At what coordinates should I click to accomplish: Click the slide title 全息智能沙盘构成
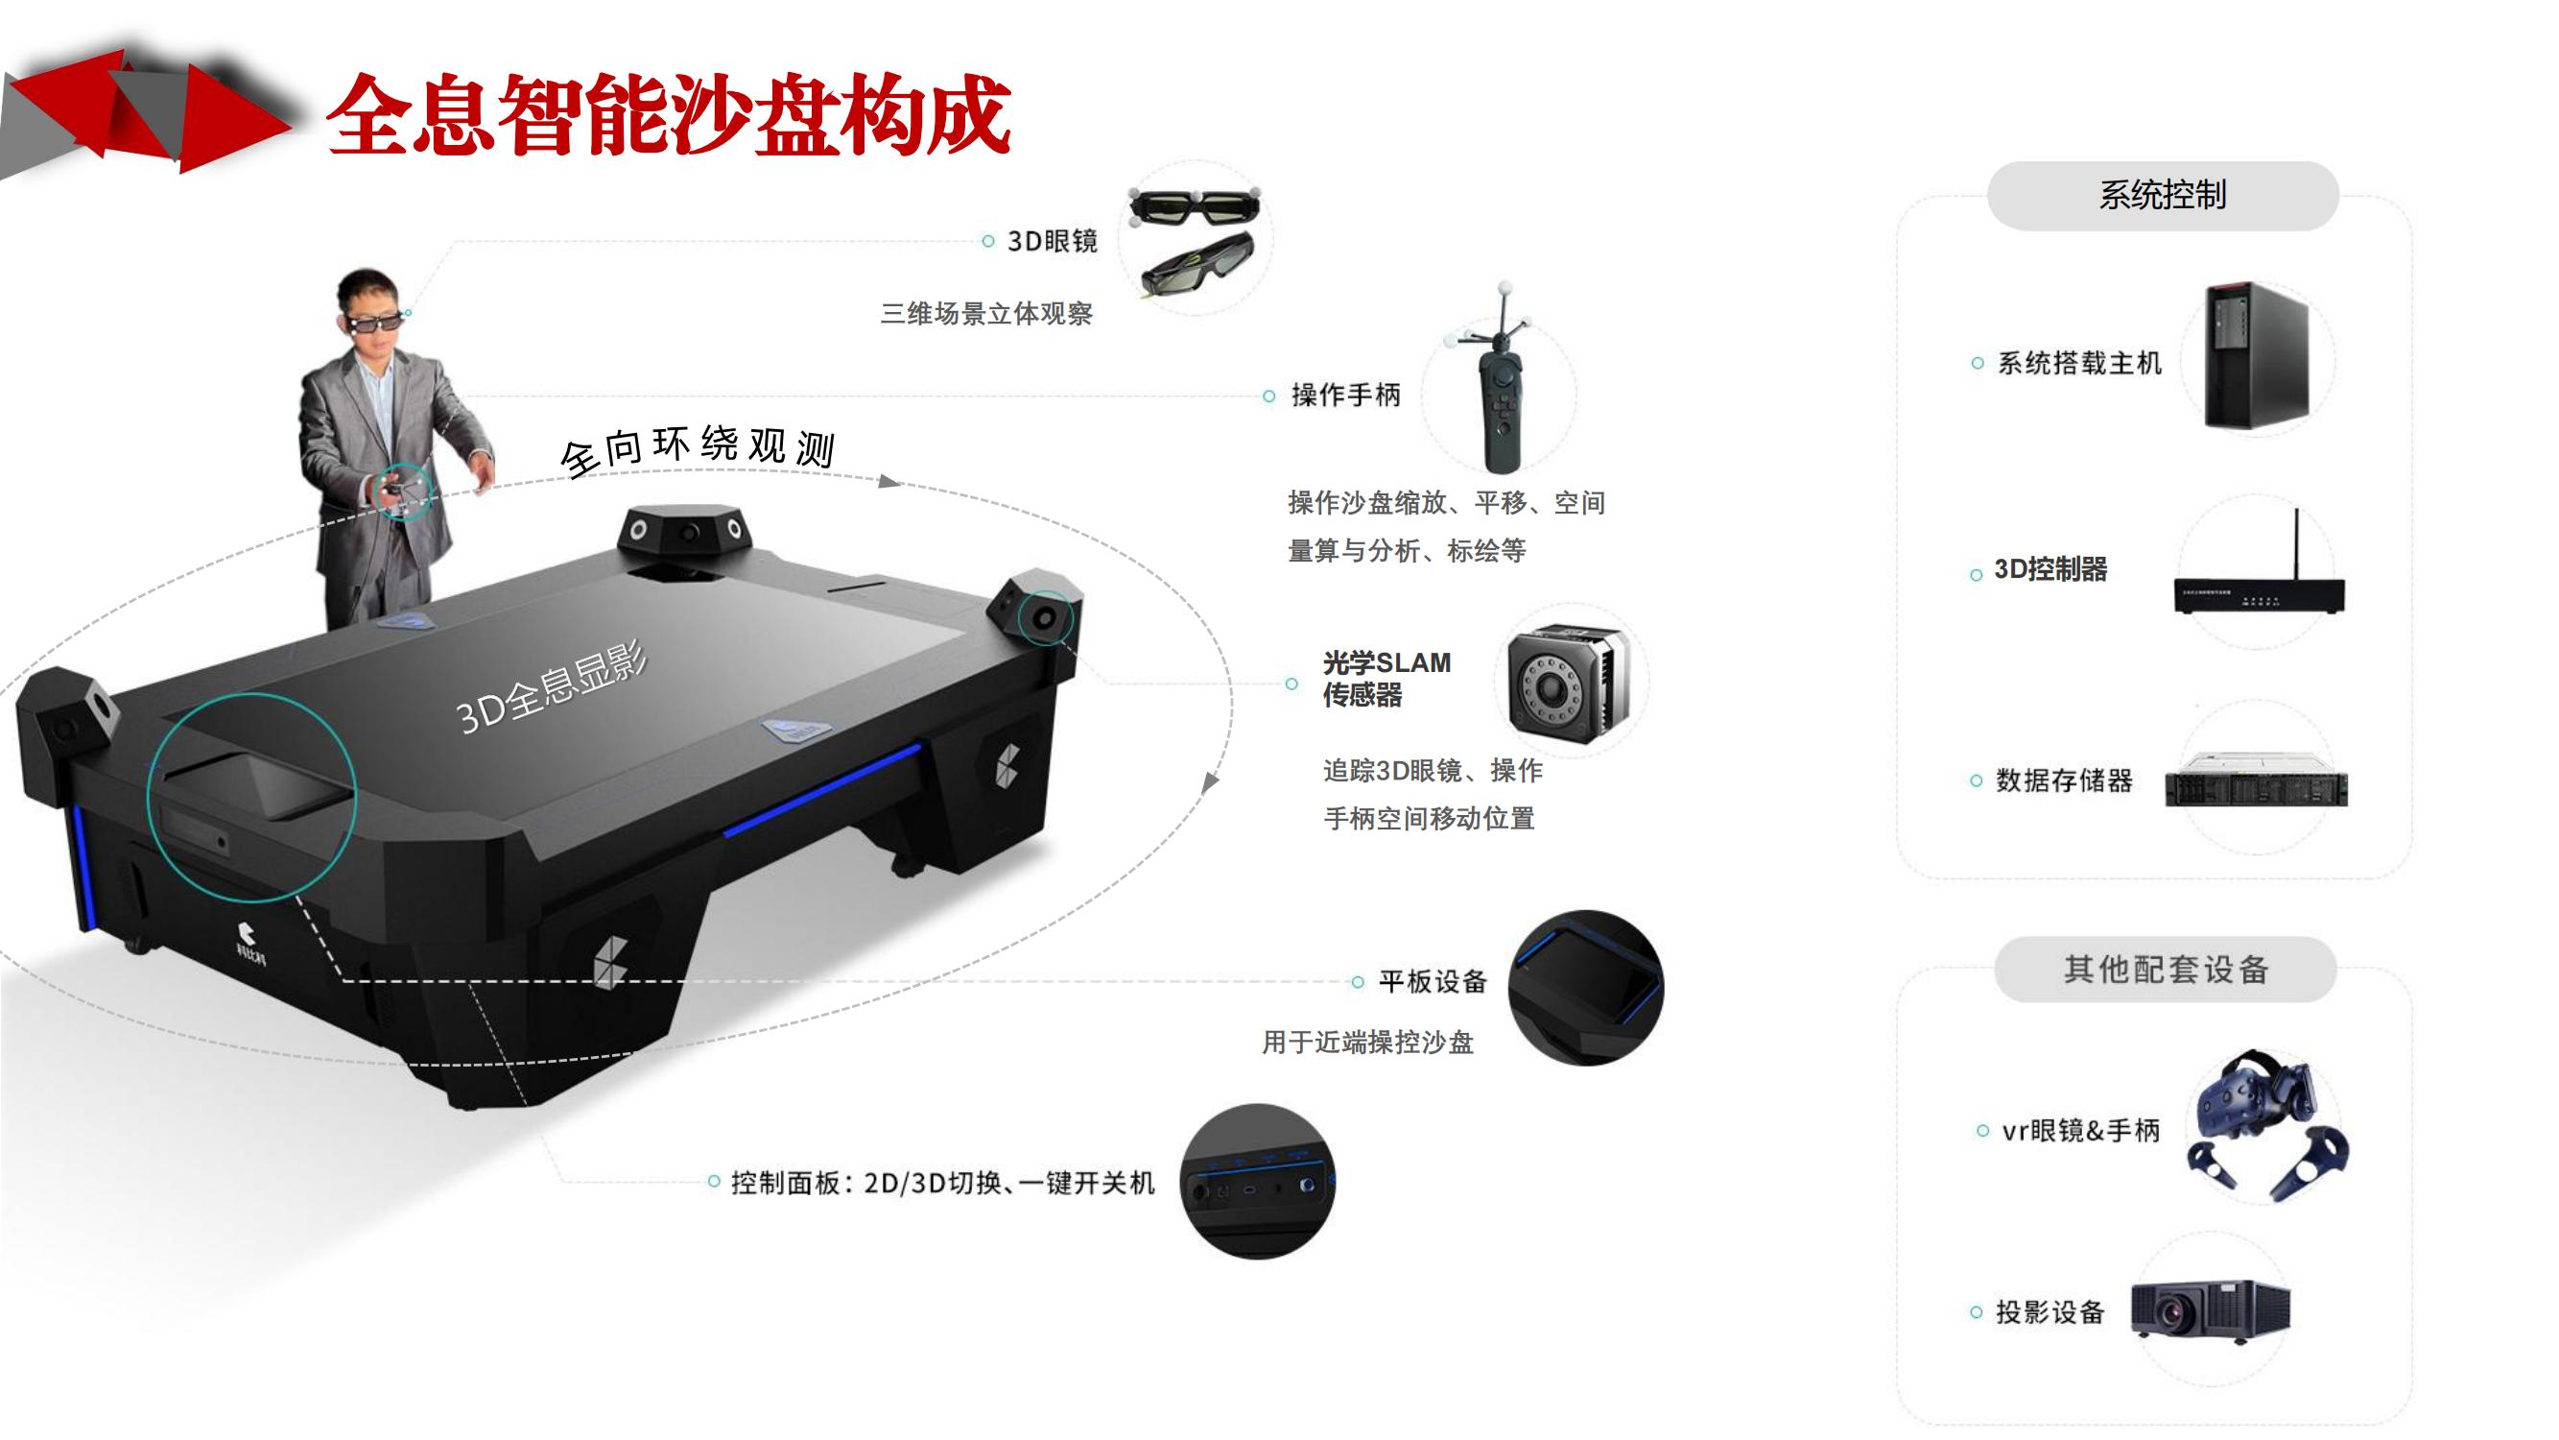[669, 115]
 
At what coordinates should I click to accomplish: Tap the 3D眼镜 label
[1052, 242]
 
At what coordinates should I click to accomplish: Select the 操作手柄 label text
[1346, 396]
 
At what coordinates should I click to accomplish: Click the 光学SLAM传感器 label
[1386, 679]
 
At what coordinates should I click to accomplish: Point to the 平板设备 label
[1433, 982]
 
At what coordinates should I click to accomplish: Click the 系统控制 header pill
[2163, 196]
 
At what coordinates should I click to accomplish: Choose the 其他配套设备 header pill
[2166, 969]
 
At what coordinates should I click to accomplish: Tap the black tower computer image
[2256, 356]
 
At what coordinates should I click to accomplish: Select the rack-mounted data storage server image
[2256, 780]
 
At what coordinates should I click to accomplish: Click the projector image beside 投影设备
[2211, 1310]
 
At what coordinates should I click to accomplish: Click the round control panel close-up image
[1258, 1182]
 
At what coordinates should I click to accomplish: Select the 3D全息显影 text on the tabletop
[552, 687]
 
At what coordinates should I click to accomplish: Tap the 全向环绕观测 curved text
[698, 450]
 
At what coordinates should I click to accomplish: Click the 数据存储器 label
[2064, 781]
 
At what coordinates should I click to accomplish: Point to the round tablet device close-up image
[1585, 988]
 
